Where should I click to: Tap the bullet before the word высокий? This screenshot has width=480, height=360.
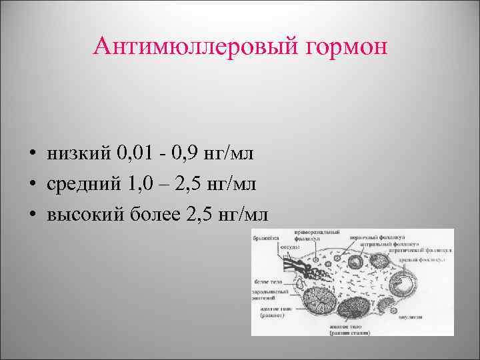coord(32,215)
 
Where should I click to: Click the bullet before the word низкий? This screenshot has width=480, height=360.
coord(32,155)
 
